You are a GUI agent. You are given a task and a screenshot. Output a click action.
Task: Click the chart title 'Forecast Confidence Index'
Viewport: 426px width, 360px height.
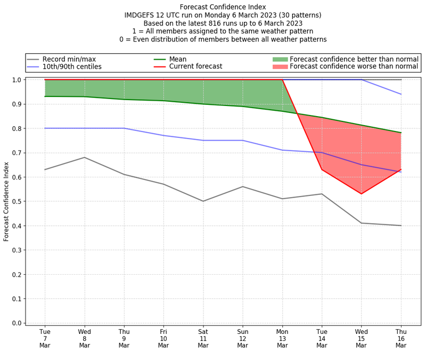click(x=223, y=7)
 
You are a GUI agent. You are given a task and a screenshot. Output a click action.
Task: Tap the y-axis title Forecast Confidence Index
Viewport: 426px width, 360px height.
click(x=6, y=201)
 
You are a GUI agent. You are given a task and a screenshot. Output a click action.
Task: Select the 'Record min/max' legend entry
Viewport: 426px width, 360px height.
click(x=69, y=59)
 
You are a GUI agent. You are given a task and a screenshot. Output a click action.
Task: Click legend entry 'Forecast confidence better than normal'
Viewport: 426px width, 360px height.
click(x=354, y=59)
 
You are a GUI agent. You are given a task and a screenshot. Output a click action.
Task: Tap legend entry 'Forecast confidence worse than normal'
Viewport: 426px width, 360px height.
click(x=354, y=67)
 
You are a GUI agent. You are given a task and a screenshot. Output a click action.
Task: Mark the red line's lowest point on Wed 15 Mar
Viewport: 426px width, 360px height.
click(x=362, y=194)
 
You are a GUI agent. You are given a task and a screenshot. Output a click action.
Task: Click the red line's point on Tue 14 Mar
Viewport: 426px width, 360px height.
click(x=322, y=169)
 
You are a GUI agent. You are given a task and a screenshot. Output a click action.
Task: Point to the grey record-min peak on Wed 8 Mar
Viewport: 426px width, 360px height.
click(x=85, y=158)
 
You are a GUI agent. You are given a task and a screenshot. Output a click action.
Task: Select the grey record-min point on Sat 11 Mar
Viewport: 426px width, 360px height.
click(x=203, y=201)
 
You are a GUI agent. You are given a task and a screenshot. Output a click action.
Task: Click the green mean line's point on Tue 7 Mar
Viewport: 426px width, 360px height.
click(x=45, y=96)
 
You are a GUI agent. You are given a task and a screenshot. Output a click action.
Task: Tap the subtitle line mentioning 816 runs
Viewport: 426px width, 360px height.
click(x=223, y=23)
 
